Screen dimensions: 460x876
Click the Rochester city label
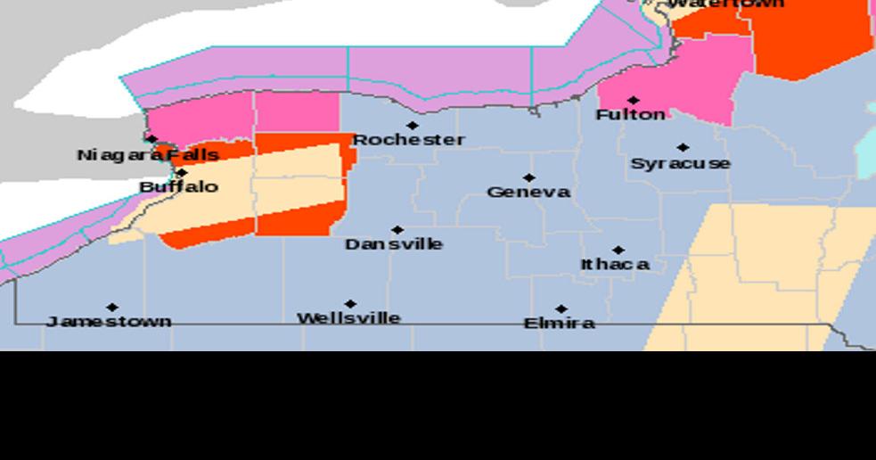[x=408, y=140]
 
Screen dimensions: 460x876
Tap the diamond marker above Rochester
[x=412, y=126]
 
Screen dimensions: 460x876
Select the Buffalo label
[x=178, y=187]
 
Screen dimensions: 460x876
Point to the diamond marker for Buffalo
[x=182, y=173]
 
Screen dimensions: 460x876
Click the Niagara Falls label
[x=147, y=155]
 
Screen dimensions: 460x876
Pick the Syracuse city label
[x=680, y=164]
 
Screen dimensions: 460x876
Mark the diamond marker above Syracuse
[x=683, y=148]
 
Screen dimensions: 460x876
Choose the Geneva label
[x=528, y=193]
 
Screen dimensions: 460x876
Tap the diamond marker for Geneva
[x=528, y=178]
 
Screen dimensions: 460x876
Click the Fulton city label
[x=630, y=115]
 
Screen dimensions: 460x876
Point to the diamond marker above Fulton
[x=633, y=101]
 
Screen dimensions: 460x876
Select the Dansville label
[x=394, y=244]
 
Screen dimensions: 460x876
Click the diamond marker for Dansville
[x=397, y=230]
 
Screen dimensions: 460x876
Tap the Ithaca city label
[x=615, y=265]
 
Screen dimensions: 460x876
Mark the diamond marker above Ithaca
[x=618, y=251]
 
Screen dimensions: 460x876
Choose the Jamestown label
[x=109, y=321]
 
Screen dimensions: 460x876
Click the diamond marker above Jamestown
[x=112, y=308]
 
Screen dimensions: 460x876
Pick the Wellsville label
[x=348, y=318]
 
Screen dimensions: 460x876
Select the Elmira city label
[x=559, y=323]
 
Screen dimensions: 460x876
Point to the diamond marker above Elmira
[x=561, y=309]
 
